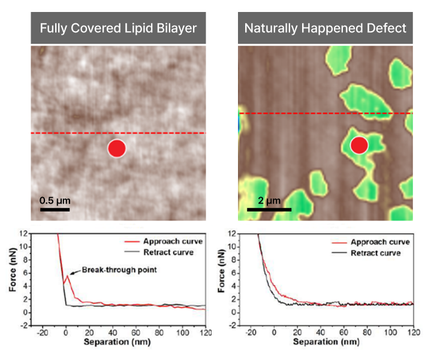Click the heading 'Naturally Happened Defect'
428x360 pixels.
pos(325,28)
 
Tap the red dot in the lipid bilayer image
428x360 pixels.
pos(116,148)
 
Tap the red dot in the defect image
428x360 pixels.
pos(358,145)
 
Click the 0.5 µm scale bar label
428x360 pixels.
pos(55,200)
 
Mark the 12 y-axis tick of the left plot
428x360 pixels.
pos(23,232)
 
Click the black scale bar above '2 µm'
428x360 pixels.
pos(269,210)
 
